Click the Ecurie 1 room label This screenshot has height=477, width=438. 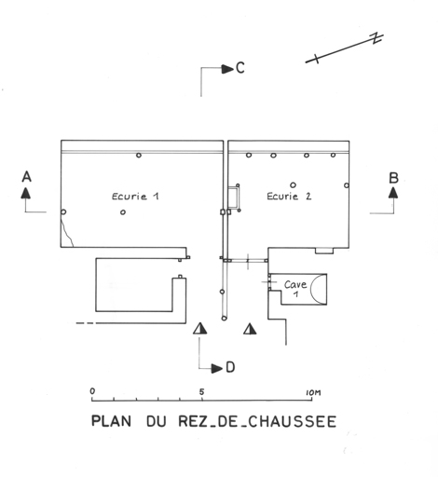tap(135, 197)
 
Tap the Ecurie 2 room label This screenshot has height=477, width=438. tap(289, 197)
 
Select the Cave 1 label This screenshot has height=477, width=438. tap(295, 288)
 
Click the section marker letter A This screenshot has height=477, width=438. tap(27, 177)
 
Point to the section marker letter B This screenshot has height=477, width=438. tap(393, 178)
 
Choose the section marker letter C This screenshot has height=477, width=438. tap(240, 68)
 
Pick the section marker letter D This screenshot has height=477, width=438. tap(230, 367)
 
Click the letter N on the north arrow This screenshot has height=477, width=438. tap(377, 38)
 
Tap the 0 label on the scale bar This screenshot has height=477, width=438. tap(92, 391)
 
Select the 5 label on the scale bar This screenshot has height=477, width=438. tap(202, 392)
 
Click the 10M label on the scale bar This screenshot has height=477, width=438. tap(313, 393)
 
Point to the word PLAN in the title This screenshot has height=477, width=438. tap(111, 421)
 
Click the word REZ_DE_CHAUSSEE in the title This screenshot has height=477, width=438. tap(257, 422)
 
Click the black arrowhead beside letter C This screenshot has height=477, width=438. tap(227, 69)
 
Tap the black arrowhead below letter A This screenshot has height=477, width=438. tap(26, 193)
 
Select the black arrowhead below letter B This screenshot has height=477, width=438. tap(393, 193)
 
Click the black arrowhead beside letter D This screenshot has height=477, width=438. tap(217, 369)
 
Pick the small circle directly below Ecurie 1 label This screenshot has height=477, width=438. tap(123, 212)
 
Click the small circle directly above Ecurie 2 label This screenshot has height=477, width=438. tap(293, 185)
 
